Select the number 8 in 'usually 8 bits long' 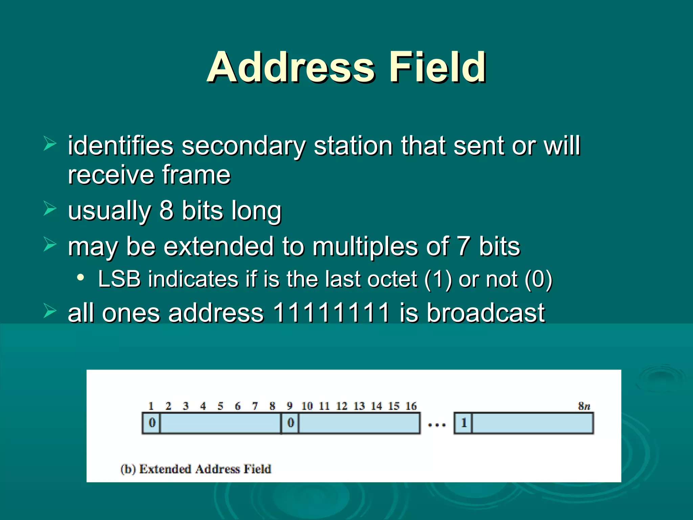[x=166, y=211]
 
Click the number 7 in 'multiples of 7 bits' [x=463, y=246]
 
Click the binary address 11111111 [x=331, y=312]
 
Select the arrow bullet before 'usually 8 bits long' [x=50, y=209]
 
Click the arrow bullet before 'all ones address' [x=50, y=311]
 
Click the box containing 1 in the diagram [x=463, y=423]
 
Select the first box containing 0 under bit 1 [x=152, y=423]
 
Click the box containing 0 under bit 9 [x=290, y=423]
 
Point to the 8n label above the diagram [x=584, y=406]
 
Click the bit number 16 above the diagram [x=411, y=406]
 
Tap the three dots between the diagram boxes [x=437, y=425]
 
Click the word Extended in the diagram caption [x=165, y=469]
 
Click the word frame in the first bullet [x=196, y=175]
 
